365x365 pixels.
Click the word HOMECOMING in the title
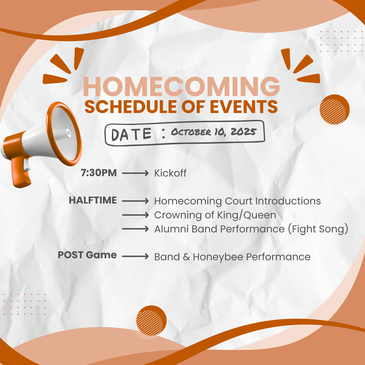(181, 87)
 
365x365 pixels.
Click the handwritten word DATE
(131, 134)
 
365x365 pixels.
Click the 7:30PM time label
(99, 173)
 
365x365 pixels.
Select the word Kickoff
(170, 174)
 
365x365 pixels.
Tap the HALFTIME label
(93, 200)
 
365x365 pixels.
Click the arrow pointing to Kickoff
(135, 174)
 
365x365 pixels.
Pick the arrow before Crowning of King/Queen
(135, 215)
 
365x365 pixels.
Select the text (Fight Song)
(318, 229)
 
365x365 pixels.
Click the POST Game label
(87, 255)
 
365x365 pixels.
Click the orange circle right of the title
(334, 109)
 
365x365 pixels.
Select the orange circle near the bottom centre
(151, 320)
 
